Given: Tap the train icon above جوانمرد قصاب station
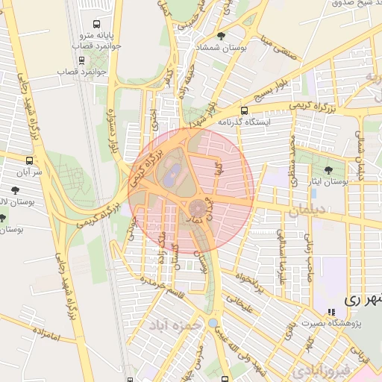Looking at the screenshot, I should coord(81,60).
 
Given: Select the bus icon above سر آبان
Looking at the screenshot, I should coord(29,160).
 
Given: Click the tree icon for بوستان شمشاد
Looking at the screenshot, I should coord(219,35).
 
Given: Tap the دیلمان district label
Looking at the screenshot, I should coord(307,212).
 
